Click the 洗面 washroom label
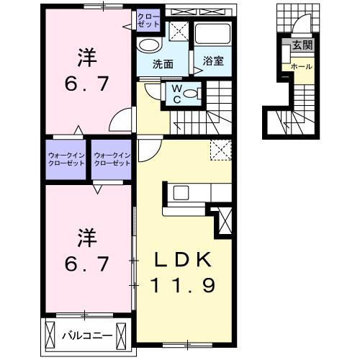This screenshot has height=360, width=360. pyautogui.click(x=162, y=63)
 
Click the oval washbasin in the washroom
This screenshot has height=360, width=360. pyautogui.click(x=149, y=45)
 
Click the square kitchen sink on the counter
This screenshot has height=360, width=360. pyautogui.click(x=180, y=193)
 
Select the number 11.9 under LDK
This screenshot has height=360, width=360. pyautogui.click(x=184, y=286)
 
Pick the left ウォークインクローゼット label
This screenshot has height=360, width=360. pyautogui.click(x=66, y=158)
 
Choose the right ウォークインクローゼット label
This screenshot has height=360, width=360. pyautogui.click(x=112, y=158)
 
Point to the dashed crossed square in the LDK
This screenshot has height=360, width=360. pyautogui.click(x=219, y=150)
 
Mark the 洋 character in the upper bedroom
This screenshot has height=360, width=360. pyautogui.click(x=84, y=55)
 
